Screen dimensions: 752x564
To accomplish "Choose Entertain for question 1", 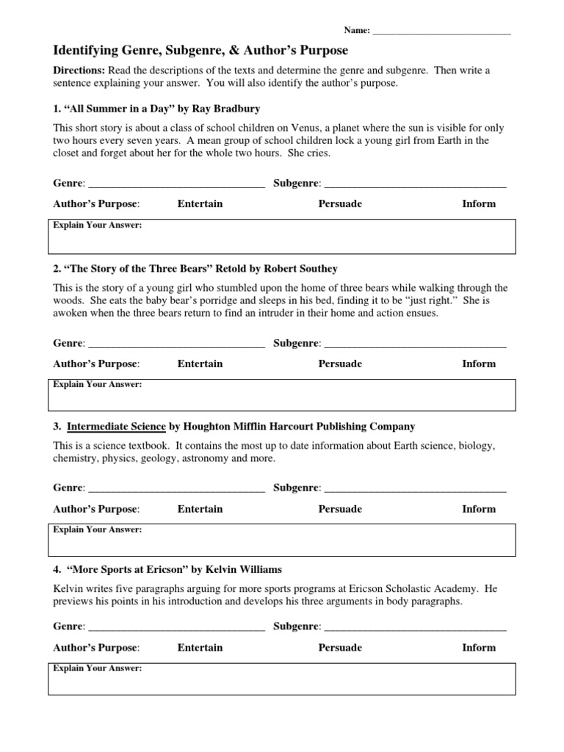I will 200,203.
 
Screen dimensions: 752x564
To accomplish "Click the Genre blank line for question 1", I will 176,184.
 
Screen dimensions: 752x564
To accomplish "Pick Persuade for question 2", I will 340,364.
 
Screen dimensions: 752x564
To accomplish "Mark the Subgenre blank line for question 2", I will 415,344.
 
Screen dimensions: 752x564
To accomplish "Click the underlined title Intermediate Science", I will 117,426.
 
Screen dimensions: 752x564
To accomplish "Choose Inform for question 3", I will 479,508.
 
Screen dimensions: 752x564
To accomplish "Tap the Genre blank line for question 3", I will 176,488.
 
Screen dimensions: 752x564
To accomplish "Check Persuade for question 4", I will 340,647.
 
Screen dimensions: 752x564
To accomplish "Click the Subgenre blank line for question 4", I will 415,627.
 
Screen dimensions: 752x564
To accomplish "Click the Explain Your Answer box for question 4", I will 283,679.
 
